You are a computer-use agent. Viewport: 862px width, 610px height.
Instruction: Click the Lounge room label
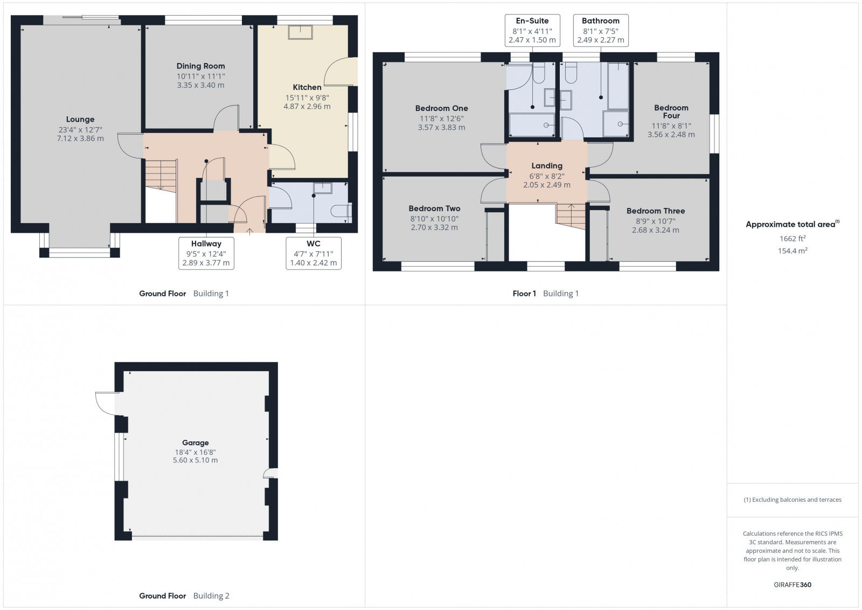(x=80, y=120)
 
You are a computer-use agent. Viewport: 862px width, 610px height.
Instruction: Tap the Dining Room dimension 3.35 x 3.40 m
(x=200, y=85)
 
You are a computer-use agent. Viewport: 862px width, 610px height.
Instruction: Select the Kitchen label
(x=307, y=87)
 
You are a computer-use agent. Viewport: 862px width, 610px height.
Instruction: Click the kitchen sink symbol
(x=300, y=32)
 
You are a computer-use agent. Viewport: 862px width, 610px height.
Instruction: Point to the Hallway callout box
(x=206, y=253)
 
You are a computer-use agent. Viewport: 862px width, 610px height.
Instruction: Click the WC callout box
(x=313, y=253)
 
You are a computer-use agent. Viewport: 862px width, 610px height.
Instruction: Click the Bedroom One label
(x=441, y=108)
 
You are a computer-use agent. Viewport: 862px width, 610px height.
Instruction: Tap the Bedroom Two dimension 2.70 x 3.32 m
(x=434, y=227)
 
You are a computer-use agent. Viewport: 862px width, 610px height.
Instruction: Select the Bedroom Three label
(x=656, y=211)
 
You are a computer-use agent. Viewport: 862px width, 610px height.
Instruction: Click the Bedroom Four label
(x=671, y=112)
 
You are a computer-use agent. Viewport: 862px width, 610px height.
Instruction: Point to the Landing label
(x=547, y=166)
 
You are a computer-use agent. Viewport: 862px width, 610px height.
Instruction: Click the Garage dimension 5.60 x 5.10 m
(x=195, y=460)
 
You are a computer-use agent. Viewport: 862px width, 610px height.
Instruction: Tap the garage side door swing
(x=105, y=403)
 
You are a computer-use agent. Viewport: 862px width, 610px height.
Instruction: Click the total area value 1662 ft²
(x=792, y=238)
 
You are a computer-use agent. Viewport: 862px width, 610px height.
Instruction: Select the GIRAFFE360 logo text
(x=792, y=585)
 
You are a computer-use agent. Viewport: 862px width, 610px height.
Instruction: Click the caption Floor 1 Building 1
(x=545, y=294)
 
